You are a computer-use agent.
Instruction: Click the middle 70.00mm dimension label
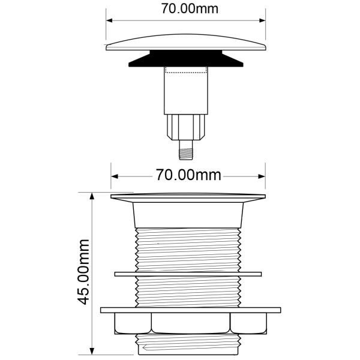188,175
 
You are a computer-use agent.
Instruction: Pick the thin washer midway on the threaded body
188,274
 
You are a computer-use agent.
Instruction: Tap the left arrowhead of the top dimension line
110,19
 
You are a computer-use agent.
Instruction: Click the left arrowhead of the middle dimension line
115,176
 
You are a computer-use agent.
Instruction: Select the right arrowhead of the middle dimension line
262,176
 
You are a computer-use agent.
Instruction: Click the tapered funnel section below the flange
188,213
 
